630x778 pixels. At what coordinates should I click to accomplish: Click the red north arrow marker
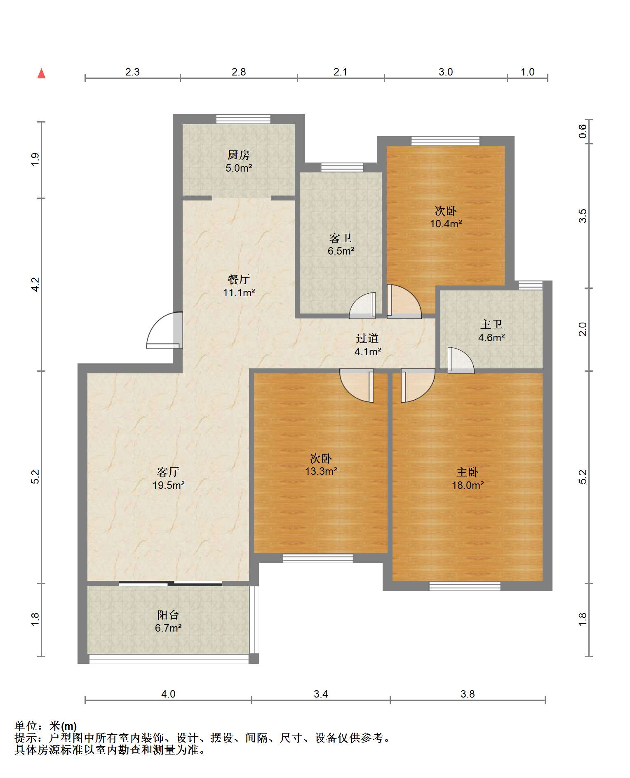coord(41,73)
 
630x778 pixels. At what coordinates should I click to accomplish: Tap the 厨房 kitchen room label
coord(239,155)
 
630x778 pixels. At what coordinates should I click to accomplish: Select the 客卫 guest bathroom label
coord(341,238)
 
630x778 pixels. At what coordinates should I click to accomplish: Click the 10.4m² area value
coord(446,224)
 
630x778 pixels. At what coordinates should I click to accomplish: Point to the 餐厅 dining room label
coord(239,279)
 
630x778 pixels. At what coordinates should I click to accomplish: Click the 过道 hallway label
coord(367,338)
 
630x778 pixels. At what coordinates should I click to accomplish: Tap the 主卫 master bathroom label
coord(491,324)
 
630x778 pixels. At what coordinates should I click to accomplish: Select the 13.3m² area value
coord(321,471)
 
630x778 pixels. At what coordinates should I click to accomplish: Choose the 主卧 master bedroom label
coord(468,472)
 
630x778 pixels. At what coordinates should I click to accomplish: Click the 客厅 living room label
coord(168,472)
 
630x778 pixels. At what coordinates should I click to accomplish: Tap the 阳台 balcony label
coord(168,615)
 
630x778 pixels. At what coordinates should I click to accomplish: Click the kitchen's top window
coord(243,119)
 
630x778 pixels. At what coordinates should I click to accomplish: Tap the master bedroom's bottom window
coord(465,586)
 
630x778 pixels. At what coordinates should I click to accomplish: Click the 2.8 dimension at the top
coord(239,72)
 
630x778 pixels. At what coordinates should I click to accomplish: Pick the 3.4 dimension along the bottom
coord(321,694)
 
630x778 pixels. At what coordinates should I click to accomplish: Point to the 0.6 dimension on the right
coord(582,132)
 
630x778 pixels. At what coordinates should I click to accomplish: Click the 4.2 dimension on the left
coord(36,285)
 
